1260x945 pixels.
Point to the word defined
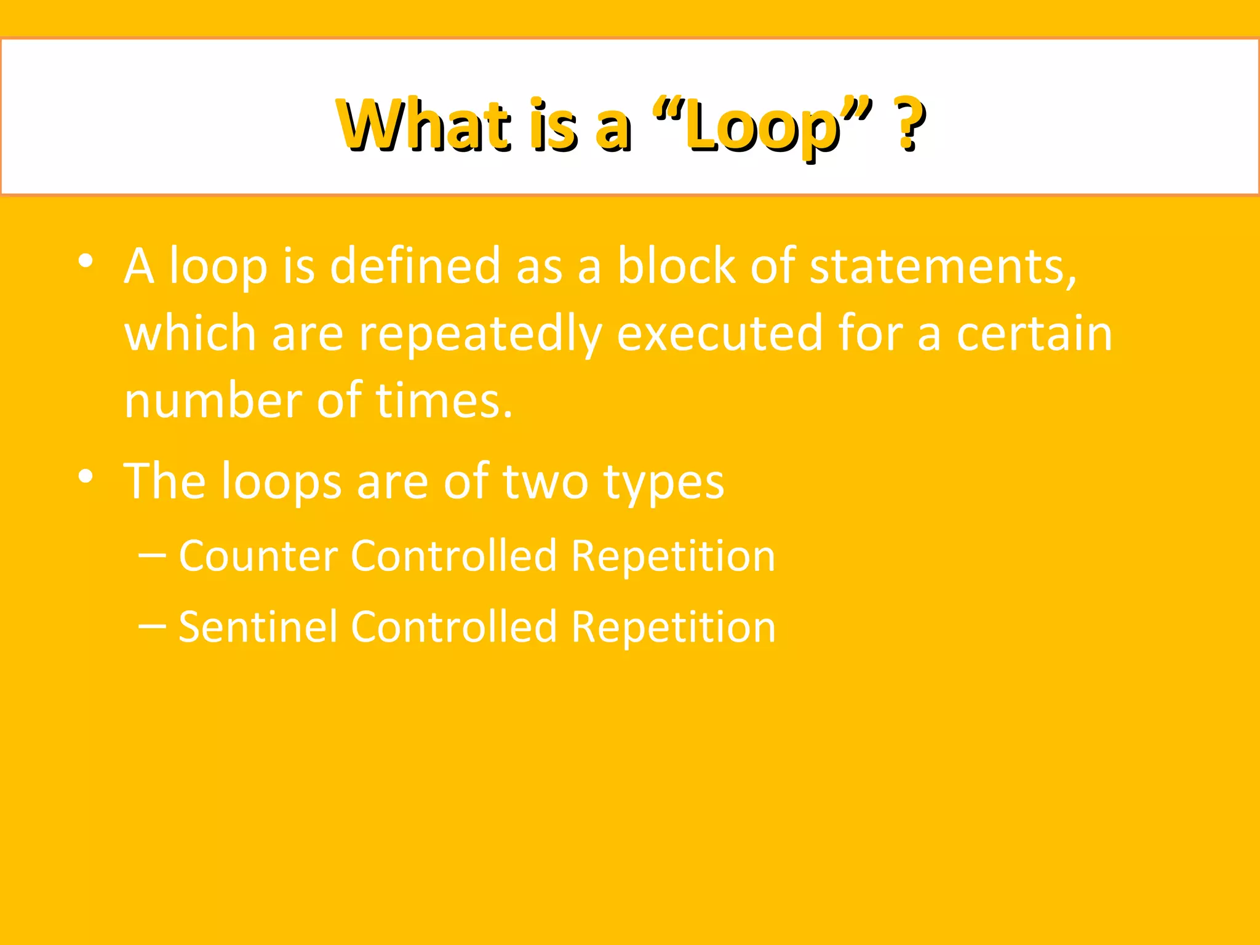pos(415,266)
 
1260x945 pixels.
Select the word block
pos(676,266)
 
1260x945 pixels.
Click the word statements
pos(942,267)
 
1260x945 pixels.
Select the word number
pos(213,401)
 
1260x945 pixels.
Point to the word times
pos(444,401)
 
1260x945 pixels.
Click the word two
pos(545,481)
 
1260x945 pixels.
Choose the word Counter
pos(258,556)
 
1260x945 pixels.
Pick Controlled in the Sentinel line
pos(454,627)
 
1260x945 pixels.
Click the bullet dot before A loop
pos(86,261)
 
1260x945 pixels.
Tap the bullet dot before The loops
pos(86,476)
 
